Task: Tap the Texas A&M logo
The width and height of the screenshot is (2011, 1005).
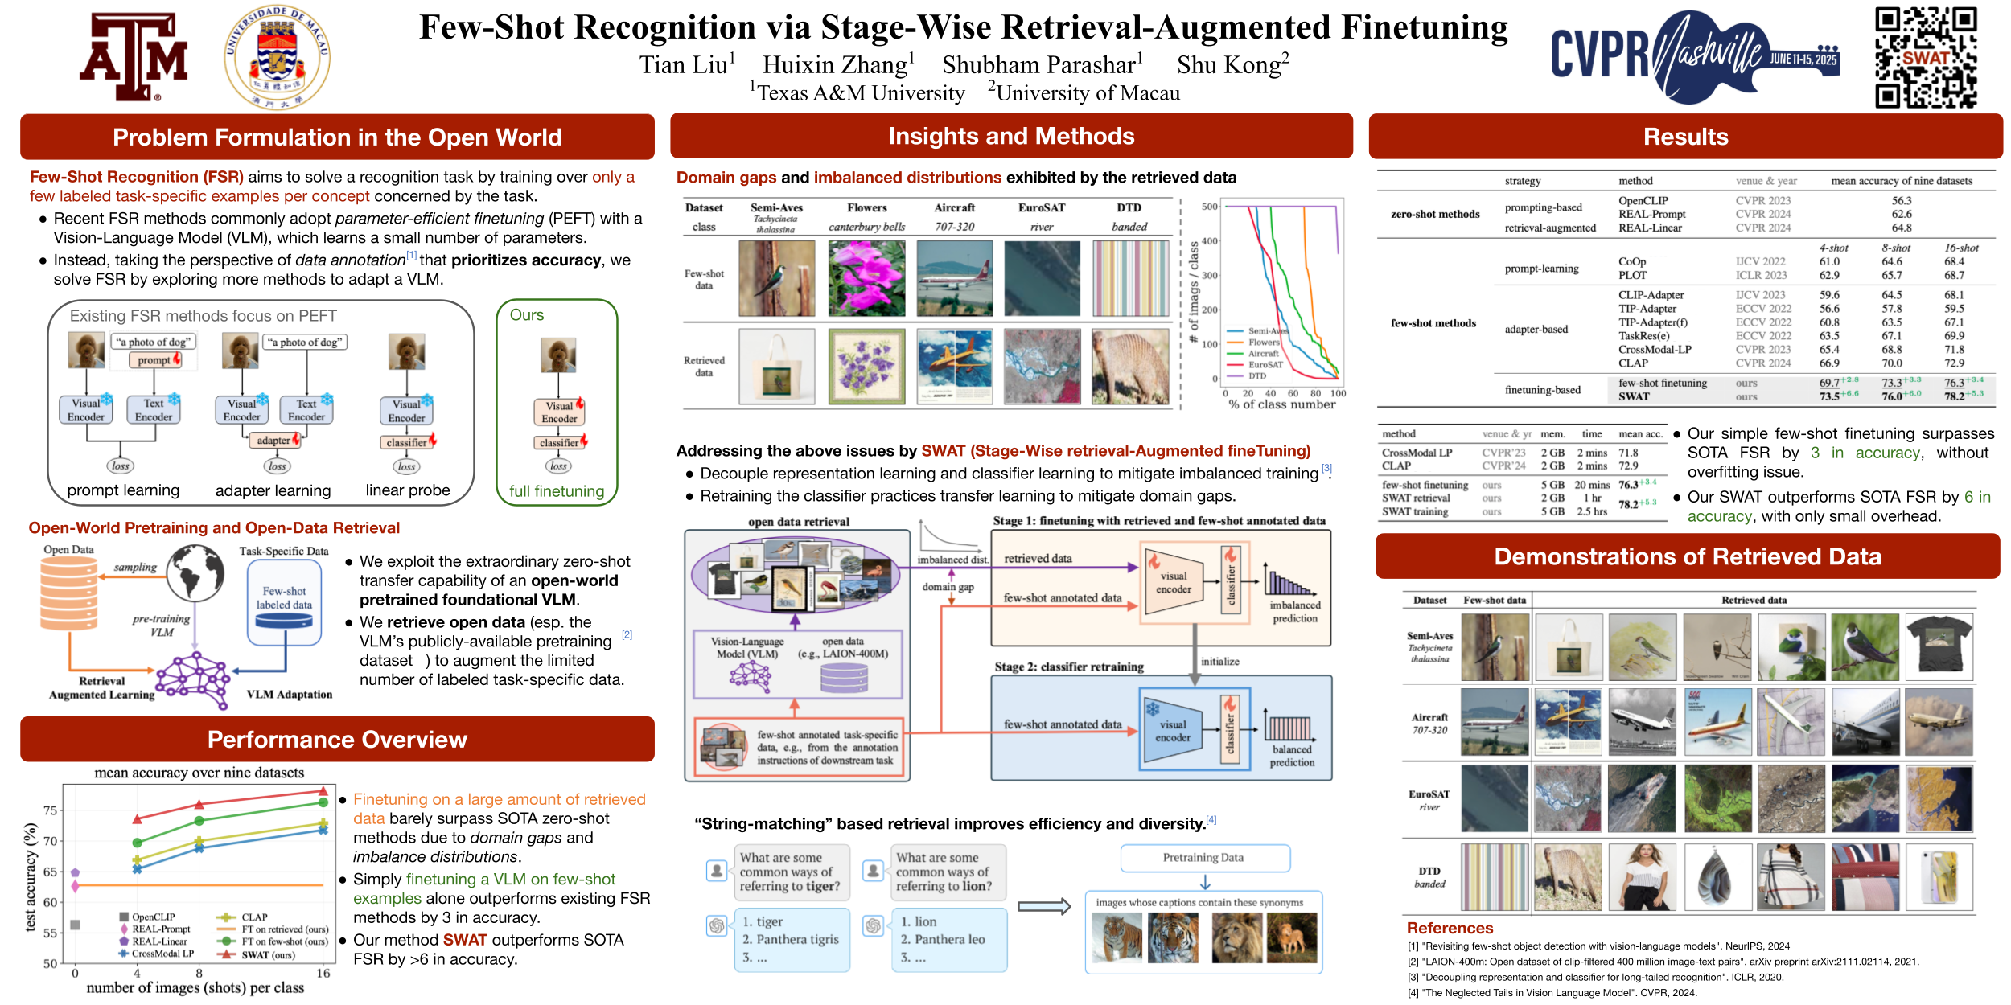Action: click(x=134, y=57)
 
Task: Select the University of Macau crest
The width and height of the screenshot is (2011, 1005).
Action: click(x=277, y=57)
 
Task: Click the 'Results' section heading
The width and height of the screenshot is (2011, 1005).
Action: click(x=1685, y=137)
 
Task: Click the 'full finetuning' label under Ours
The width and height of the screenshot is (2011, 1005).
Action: click(x=557, y=491)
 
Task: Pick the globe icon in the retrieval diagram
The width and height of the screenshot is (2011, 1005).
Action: click(x=195, y=572)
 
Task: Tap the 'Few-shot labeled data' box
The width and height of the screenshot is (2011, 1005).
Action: click(x=284, y=599)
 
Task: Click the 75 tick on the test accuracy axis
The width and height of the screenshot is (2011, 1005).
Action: click(x=50, y=810)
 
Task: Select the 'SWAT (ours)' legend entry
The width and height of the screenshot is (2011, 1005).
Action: click(x=269, y=955)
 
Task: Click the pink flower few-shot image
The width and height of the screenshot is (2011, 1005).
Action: click(x=866, y=278)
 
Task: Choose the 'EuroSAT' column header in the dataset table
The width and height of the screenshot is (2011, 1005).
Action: click(x=1042, y=207)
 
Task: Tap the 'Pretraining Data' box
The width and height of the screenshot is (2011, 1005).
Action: click(x=1203, y=858)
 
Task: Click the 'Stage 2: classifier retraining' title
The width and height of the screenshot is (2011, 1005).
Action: click(x=1069, y=667)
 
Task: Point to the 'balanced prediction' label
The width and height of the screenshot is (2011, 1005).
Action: click(x=1292, y=756)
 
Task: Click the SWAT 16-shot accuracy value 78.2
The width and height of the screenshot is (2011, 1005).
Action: click(x=1954, y=396)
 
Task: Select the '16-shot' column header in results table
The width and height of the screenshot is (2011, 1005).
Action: click(x=1961, y=248)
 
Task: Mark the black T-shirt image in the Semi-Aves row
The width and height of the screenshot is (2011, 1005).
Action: click(x=1939, y=647)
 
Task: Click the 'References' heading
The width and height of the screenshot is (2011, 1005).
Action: click(x=1450, y=928)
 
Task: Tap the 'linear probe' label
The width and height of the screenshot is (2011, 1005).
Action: click(x=408, y=490)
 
